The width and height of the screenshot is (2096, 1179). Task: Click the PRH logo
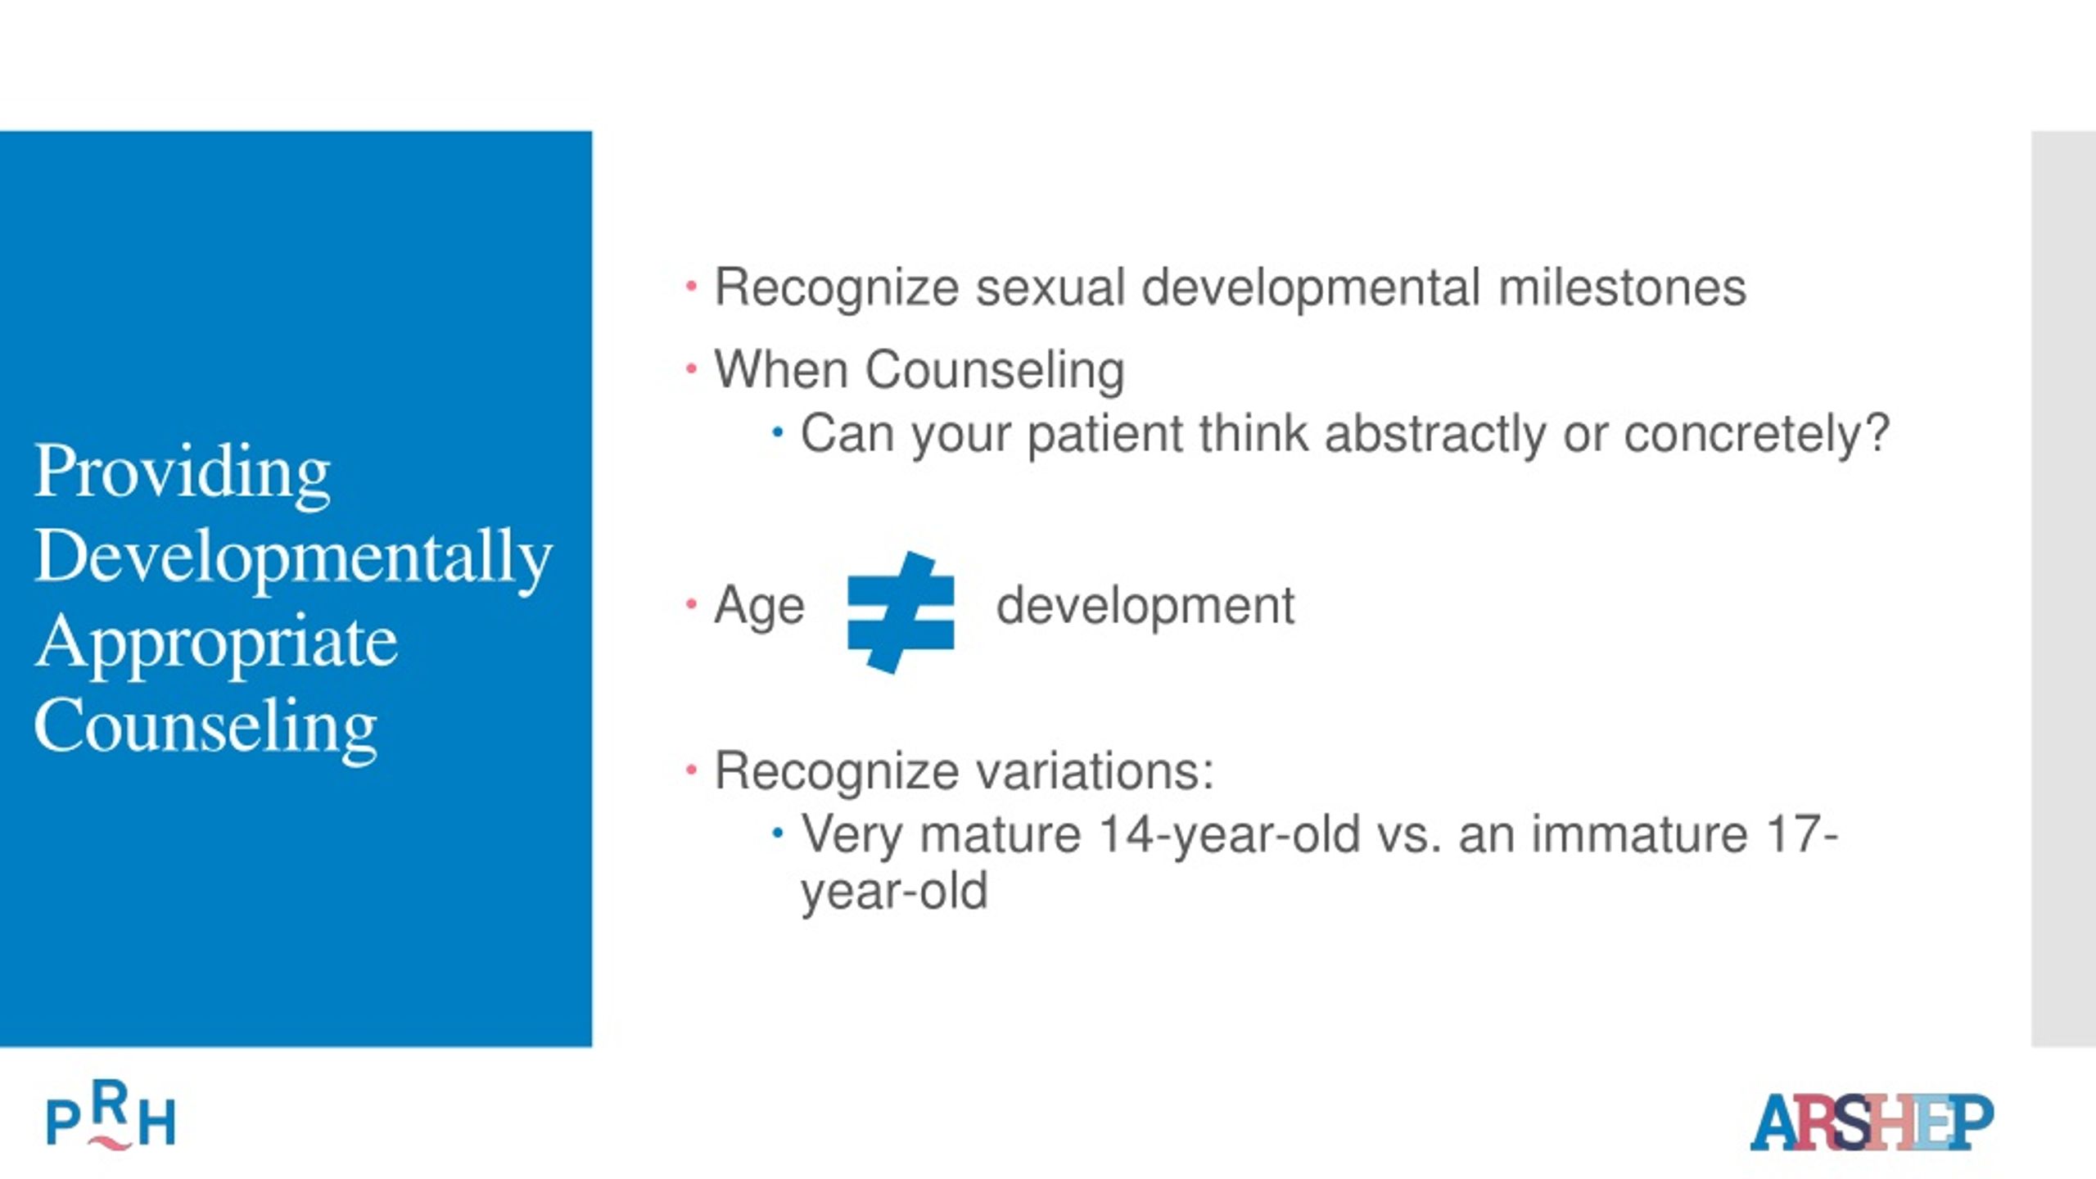tap(111, 1115)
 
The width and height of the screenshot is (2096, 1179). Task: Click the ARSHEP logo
tap(1872, 1121)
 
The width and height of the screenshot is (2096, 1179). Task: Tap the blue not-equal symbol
tap(901, 612)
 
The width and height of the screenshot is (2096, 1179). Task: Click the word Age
tap(759, 607)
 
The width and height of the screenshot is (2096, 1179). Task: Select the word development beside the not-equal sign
tap(1145, 606)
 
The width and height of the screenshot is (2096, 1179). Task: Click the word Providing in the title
tap(182, 472)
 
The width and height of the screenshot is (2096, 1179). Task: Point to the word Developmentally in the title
tap(293, 557)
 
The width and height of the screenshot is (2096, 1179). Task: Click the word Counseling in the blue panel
tap(206, 725)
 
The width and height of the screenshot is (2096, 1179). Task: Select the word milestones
tap(1622, 287)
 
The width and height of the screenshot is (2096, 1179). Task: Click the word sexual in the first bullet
tap(1050, 287)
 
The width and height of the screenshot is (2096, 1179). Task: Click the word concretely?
tap(1757, 434)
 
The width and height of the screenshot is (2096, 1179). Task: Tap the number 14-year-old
tap(1229, 835)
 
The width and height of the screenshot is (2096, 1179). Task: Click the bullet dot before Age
tap(692, 605)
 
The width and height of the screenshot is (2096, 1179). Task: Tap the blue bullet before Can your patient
tap(778, 432)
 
